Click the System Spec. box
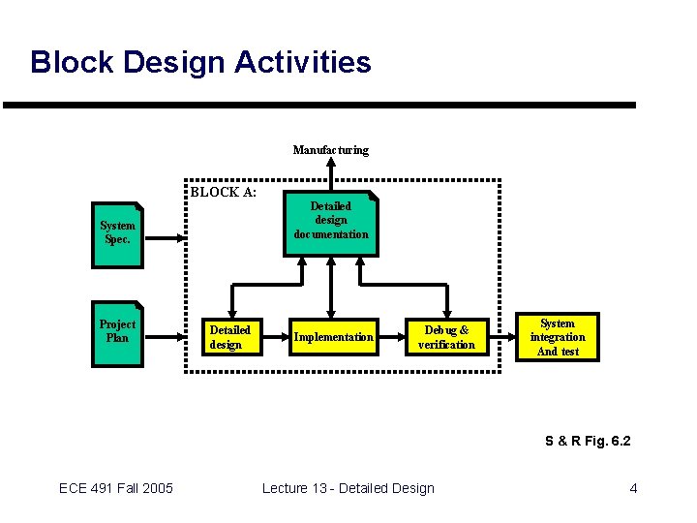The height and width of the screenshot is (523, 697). (117, 232)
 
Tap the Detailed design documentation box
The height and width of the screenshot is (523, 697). (331, 222)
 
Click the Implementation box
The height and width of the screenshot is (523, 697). (333, 337)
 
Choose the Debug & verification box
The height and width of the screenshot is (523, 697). (446, 337)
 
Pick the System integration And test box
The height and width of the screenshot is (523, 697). (558, 337)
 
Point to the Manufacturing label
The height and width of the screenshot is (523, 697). (331, 150)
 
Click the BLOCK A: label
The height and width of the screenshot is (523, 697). (223, 192)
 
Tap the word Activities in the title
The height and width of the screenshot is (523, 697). (307, 63)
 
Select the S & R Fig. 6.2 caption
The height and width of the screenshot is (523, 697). (588, 441)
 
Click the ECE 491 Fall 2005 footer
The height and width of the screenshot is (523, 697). (116, 488)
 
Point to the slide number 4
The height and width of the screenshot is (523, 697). (633, 488)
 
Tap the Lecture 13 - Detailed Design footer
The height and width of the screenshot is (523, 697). (348, 488)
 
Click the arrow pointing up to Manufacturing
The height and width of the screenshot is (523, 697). (331, 174)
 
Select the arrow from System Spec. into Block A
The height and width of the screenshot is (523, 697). (164, 234)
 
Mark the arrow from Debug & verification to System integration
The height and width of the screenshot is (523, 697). (499, 337)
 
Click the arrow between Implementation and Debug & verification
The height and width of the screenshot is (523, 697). (390, 337)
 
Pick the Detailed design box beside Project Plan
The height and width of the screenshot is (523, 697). (230, 337)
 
